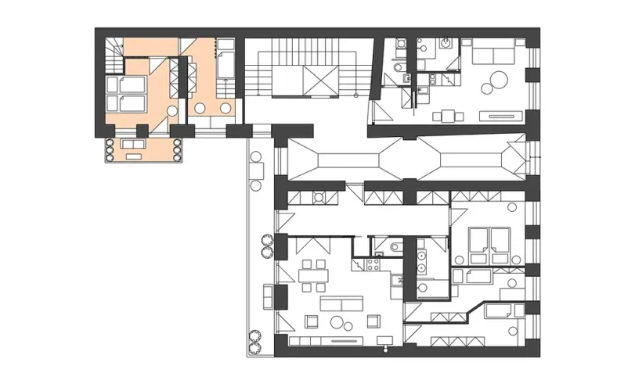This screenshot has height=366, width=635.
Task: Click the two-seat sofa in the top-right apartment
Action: point(491,55)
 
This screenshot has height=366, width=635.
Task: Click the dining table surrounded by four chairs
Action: point(316,276)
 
